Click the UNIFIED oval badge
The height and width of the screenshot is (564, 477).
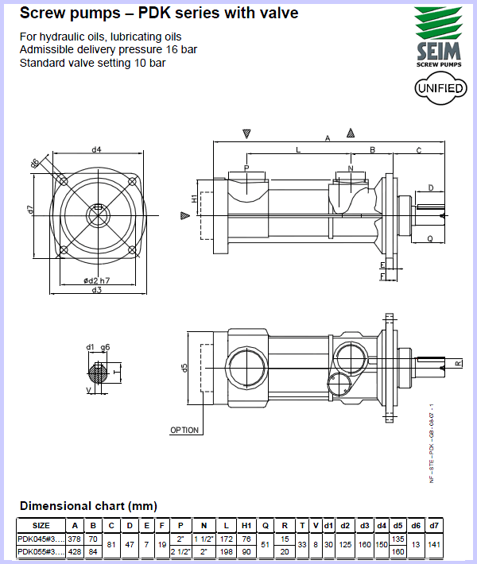440,88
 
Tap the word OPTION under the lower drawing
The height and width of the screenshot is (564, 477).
184,430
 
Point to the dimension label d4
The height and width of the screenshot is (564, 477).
96,149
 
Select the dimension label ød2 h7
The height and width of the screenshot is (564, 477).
96,280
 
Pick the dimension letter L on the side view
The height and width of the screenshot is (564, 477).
298,149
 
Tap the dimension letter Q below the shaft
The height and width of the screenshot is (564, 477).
429,238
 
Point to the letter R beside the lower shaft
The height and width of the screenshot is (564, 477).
458,364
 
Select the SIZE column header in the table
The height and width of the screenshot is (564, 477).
41,525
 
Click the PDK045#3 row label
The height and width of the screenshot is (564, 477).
41,538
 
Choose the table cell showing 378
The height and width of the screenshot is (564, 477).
75,538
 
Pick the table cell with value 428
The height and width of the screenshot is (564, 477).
75,551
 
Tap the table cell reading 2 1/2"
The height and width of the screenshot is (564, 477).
180,551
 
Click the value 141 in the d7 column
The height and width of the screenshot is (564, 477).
434,544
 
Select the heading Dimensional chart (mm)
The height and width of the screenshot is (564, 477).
88,506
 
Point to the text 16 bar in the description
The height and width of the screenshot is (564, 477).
180,49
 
